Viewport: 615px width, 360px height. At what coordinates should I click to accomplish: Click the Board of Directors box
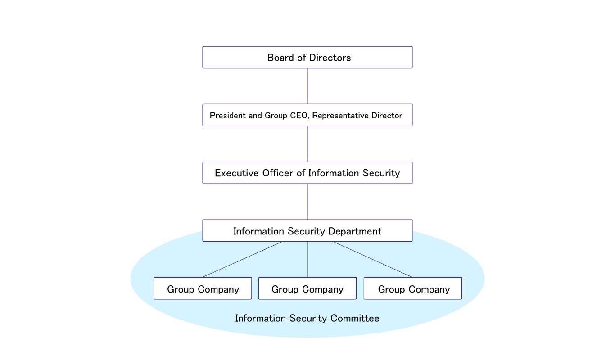[307, 57]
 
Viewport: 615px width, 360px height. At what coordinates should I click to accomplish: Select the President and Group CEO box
[307, 115]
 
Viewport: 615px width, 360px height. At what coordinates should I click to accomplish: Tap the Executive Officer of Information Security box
[307, 173]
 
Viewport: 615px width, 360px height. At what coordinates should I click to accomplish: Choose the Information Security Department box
[307, 231]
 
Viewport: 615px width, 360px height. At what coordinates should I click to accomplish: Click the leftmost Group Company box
[203, 288]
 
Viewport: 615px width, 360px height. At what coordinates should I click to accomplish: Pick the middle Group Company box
[307, 288]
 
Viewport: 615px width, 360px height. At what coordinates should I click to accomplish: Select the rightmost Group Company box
[413, 288]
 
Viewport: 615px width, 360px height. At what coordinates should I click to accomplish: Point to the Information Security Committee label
[307, 319]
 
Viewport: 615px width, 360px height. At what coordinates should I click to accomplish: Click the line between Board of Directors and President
[307, 86]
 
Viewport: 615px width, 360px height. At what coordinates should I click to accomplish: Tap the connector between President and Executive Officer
[307, 144]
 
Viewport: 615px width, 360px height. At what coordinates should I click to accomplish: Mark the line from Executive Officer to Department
[307, 202]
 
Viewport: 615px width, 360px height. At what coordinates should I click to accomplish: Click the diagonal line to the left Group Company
[242, 259]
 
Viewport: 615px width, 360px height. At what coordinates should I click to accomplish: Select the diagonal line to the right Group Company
[373, 259]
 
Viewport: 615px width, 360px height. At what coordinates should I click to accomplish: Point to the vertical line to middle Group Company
[307, 260]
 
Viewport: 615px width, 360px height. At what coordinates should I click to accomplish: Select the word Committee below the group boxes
[355, 319]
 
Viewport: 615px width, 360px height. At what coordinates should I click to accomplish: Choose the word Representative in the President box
[339, 116]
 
